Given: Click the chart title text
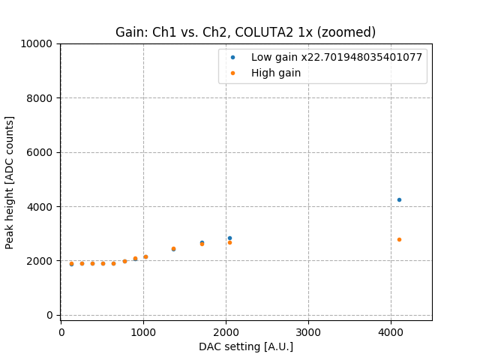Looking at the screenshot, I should click(245, 32).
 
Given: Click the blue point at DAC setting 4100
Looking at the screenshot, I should click(399, 199).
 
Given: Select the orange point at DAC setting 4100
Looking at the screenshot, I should click(399, 239).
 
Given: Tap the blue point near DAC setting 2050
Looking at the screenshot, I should click(229, 238).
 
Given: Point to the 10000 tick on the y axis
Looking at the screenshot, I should click(40, 43).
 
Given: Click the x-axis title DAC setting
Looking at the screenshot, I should click(245, 346).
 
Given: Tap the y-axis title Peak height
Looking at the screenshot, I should click(10, 182).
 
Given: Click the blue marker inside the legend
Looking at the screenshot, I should click(233, 57).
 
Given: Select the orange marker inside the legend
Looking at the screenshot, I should click(233, 73).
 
